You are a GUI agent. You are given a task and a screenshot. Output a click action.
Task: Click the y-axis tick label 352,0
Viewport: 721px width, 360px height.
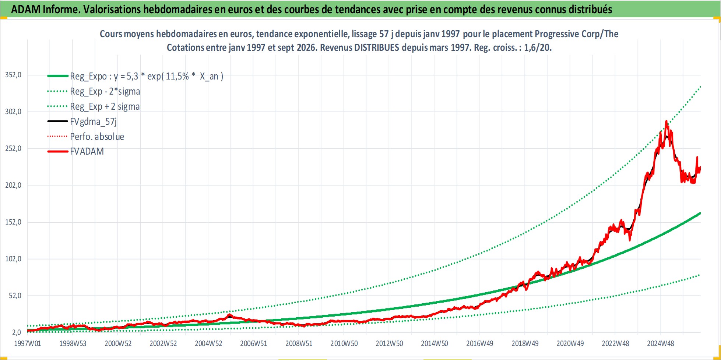point(13,75)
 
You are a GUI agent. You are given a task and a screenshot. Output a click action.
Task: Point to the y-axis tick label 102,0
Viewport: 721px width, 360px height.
point(13,259)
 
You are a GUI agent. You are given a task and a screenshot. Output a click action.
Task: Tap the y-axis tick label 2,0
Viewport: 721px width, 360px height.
point(17,332)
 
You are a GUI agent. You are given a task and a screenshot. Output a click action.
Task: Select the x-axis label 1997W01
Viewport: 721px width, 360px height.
point(28,343)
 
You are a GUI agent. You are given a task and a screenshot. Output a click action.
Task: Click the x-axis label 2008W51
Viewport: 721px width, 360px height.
point(299,343)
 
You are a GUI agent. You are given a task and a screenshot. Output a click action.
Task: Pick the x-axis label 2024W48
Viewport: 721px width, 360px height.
point(661,343)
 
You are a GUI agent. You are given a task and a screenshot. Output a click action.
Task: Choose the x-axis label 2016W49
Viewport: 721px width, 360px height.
point(480,343)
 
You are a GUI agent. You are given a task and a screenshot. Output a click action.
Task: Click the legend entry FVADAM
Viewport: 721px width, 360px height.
point(87,151)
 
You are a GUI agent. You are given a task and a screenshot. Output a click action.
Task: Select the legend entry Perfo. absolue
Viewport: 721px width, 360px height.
point(97,137)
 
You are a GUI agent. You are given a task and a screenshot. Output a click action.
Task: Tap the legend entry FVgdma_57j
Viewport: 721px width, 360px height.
point(94,121)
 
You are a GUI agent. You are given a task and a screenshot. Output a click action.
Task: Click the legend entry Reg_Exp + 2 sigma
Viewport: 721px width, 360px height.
point(105,106)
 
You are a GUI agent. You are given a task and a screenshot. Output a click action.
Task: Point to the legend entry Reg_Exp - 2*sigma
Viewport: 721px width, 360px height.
point(105,91)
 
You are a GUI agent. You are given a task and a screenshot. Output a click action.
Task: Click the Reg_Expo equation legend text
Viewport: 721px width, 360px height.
point(147,76)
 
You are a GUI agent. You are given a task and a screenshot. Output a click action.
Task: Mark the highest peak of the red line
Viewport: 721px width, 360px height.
point(666,121)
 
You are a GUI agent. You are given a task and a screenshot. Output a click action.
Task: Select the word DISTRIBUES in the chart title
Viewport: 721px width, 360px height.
point(377,47)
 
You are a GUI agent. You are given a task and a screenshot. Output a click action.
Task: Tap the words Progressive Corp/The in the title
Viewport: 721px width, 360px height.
point(576,34)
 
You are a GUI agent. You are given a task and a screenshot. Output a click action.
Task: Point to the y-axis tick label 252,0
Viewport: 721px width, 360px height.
point(13,148)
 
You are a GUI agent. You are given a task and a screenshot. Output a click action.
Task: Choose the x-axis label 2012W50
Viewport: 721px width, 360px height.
point(389,343)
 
